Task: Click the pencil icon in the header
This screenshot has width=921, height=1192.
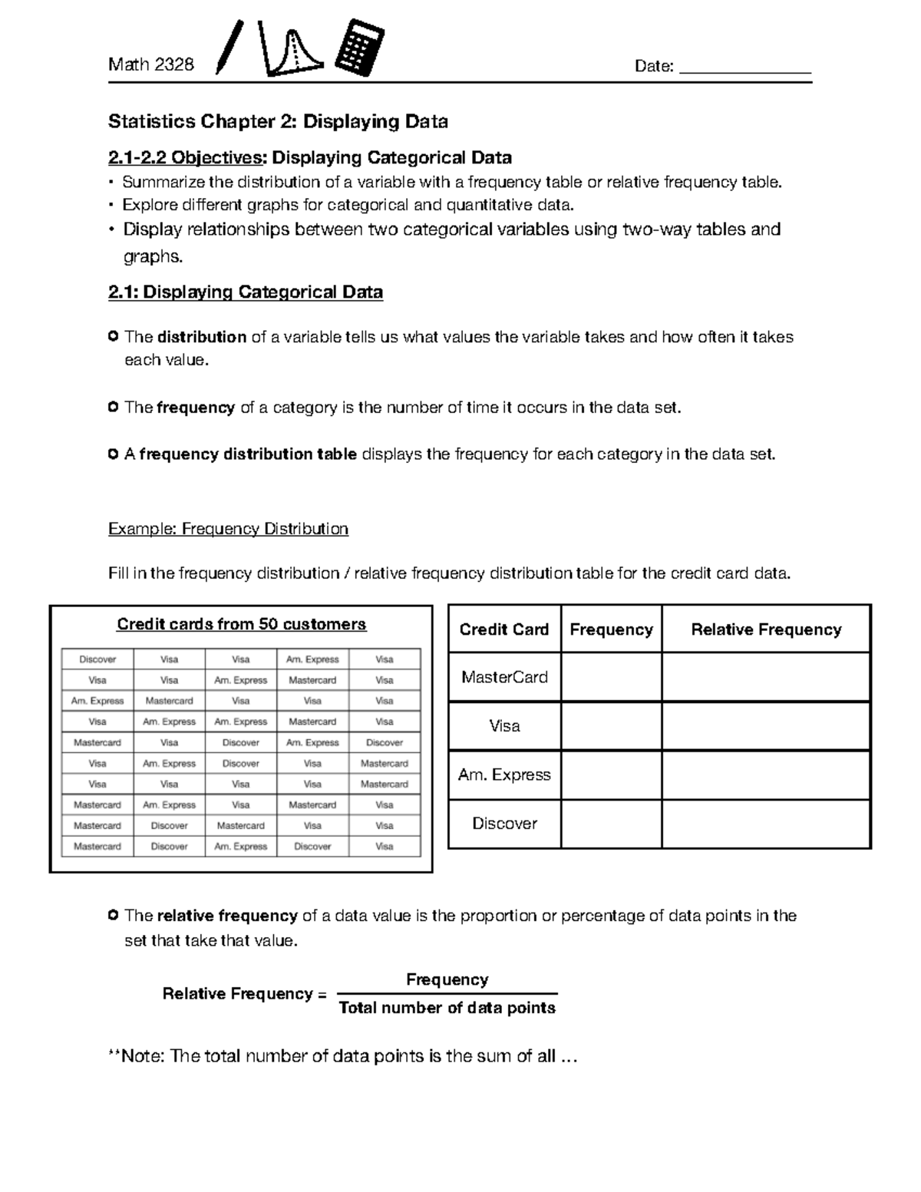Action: tap(229, 48)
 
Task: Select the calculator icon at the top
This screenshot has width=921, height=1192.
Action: tap(360, 48)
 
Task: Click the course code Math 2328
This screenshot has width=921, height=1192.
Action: tap(151, 65)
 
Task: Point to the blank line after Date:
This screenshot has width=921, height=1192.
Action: tap(745, 69)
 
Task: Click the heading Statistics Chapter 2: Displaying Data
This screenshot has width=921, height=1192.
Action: tap(278, 122)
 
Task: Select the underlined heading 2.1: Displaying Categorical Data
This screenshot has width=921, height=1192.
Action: tap(246, 292)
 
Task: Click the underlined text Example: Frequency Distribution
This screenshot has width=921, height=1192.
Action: tap(228, 529)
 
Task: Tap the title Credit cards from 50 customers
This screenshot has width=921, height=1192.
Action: tap(241, 624)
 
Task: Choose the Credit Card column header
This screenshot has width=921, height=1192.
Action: tap(503, 629)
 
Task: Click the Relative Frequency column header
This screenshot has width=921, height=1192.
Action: tap(765, 629)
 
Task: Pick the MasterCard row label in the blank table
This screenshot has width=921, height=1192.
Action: tap(504, 677)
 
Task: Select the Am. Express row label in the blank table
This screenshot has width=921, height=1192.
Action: tap(504, 774)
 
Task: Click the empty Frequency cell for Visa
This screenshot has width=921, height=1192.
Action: tap(611, 725)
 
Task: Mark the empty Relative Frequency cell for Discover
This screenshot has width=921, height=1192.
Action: tap(765, 824)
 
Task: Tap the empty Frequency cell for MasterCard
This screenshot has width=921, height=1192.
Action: tap(611, 677)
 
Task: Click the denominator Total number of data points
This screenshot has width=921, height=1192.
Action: tap(447, 1008)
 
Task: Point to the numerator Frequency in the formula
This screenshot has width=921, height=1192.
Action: tap(447, 979)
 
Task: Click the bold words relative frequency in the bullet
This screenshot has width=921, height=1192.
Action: tap(226, 916)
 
